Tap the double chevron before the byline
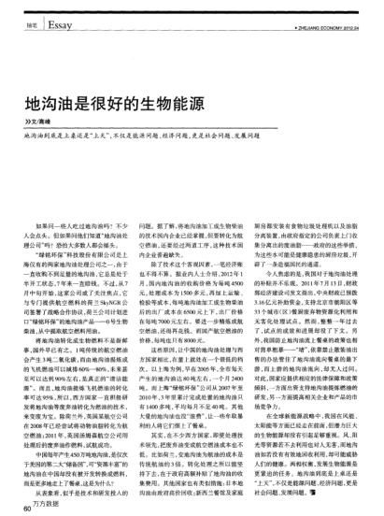[26, 121]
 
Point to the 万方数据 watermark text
[41, 506]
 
